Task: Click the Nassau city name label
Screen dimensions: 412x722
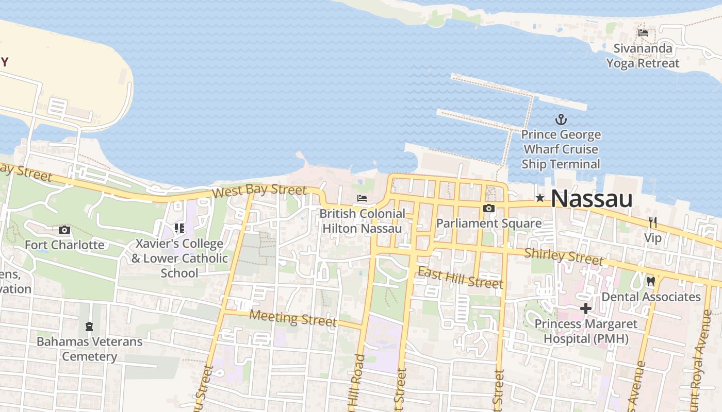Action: [x=592, y=199]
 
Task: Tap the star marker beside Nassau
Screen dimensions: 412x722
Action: [x=540, y=198]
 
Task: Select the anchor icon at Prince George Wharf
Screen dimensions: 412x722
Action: [x=561, y=120]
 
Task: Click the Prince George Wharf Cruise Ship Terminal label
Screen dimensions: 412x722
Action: [x=561, y=149]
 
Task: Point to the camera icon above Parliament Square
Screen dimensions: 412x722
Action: [x=488, y=209]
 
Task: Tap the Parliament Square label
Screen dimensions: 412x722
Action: [x=489, y=223]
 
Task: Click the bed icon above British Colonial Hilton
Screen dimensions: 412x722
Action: [x=362, y=198]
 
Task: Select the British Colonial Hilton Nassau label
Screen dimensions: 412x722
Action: [x=362, y=220]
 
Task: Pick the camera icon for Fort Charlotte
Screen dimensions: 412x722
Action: [x=64, y=230]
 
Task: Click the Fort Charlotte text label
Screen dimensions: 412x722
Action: [x=64, y=245]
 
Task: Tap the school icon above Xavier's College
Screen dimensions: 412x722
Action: [x=179, y=228]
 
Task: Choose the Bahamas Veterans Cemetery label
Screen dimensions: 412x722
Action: [x=89, y=349]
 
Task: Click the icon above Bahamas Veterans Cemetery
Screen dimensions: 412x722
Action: [x=89, y=327]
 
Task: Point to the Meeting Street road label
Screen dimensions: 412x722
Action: [x=292, y=318]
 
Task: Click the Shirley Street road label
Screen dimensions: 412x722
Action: [x=563, y=256]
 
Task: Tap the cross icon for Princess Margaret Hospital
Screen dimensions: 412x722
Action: [x=586, y=309]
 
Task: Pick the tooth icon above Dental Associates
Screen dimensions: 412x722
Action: [x=650, y=282]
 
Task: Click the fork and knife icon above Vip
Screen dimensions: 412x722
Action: [x=653, y=222]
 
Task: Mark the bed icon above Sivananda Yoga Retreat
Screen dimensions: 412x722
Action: [x=643, y=33]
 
